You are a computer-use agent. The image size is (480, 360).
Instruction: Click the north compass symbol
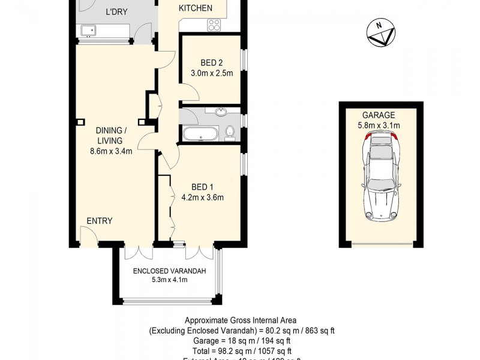point(379,33)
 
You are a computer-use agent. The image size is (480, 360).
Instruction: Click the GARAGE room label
point(378,115)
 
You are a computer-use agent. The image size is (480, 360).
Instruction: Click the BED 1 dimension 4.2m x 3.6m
point(203,197)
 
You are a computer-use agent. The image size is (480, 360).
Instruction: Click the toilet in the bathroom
point(229,133)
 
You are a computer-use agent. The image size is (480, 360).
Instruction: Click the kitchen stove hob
point(214,25)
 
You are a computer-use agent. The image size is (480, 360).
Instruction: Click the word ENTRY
point(99,221)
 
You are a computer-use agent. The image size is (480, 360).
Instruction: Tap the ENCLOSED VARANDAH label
point(169,271)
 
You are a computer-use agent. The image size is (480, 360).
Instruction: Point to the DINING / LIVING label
point(111,136)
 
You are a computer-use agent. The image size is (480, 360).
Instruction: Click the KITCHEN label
point(196,8)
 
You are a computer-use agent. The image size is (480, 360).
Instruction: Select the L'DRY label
point(116,11)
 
